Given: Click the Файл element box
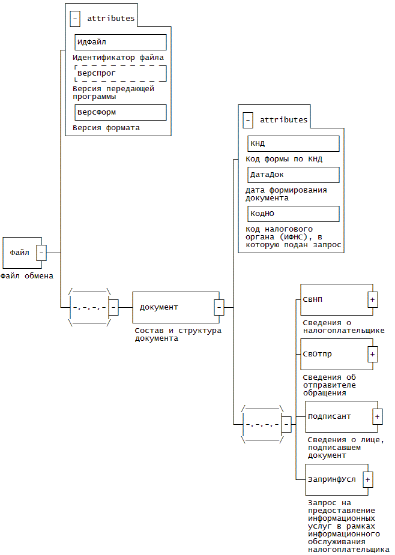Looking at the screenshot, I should click(20, 253).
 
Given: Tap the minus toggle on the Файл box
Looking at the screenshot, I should click(41, 253).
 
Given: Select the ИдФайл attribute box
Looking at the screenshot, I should click(120, 42).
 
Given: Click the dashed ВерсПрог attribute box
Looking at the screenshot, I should click(120, 73).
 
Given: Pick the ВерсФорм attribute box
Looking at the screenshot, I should click(120, 112).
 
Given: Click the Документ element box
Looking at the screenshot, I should click(173, 307).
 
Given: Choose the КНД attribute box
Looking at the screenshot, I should click(293, 143).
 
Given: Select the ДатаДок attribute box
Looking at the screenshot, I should click(293, 175).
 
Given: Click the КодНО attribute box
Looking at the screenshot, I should click(293, 214).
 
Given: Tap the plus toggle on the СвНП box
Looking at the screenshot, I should click(373, 299).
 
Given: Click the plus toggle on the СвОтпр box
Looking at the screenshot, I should click(373, 354).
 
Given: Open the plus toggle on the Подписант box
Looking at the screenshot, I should click(378, 416).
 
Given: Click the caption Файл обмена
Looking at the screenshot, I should click(27, 276).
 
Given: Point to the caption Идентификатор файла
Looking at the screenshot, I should click(118, 58).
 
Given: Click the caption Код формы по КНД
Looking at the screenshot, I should click(284, 159).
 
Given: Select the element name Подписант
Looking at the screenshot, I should click(329, 416).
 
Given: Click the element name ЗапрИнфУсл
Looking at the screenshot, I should click(331, 479).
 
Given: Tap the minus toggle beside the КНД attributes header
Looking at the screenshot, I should click(247, 120).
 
